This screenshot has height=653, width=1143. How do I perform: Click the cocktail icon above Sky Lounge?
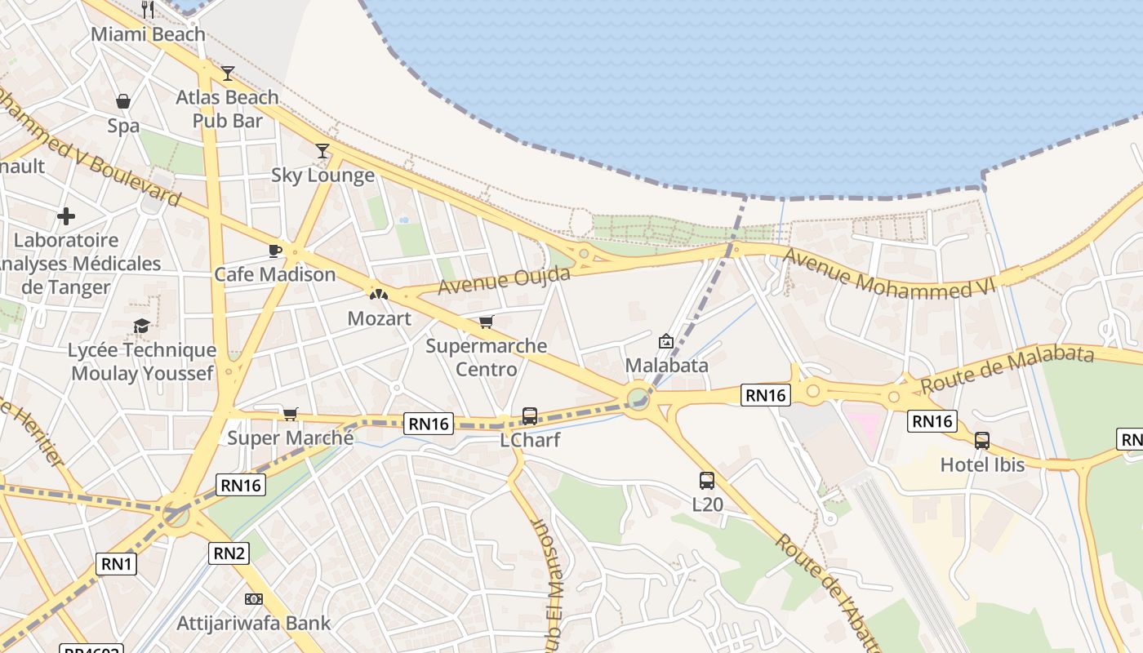[x=322, y=151]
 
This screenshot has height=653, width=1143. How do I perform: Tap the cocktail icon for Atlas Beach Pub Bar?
[x=228, y=73]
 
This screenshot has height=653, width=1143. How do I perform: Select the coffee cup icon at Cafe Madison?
[x=274, y=251]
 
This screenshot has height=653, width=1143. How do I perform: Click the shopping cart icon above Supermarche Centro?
[x=487, y=322]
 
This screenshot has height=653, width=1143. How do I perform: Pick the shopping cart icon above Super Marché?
[x=290, y=414]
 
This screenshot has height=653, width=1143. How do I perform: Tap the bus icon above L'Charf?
[x=529, y=416]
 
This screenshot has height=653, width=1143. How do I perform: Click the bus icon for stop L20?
[x=707, y=481]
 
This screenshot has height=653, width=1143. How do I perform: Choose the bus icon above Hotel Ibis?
[x=981, y=441]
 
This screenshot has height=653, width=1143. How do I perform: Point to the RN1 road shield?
[x=117, y=563]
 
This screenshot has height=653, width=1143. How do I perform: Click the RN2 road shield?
[x=229, y=553]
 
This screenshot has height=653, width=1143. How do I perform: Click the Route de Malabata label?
[x=1007, y=368]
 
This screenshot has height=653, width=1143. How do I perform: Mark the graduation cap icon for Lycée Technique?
[x=141, y=326]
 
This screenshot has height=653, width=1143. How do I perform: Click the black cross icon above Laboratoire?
[x=66, y=216]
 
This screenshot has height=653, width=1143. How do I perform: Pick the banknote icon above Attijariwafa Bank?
[x=254, y=599]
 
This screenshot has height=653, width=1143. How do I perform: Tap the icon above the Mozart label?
[x=379, y=294]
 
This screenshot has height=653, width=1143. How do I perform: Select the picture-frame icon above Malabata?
[x=666, y=341]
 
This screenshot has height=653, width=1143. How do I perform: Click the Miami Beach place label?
[x=148, y=34]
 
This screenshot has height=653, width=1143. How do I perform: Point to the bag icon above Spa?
[x=123, y=101]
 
